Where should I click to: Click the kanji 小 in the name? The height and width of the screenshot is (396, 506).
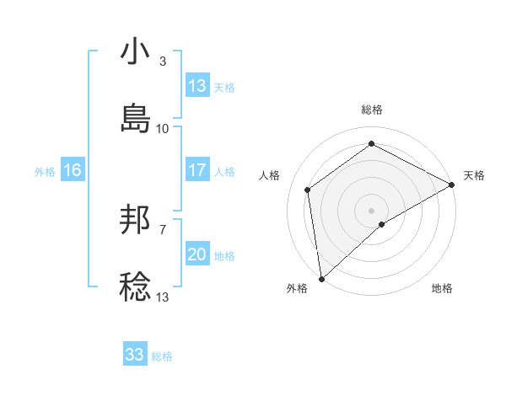[x=135, y=51]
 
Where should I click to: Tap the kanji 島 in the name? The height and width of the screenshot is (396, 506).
[x=135, y=118]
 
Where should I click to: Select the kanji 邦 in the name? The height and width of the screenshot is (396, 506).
[x=135, y=220]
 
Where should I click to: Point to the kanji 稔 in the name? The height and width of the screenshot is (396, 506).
[x=135, y=286]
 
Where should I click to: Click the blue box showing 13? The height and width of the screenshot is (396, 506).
[x=197, y=86]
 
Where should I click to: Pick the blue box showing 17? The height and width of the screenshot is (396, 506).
[x=197, y=170]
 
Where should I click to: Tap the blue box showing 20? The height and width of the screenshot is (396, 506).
[x=197, y=254]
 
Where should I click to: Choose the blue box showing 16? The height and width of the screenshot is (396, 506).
[x=73, y=170]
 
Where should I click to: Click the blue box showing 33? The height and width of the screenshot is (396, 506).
[x=135, y=355]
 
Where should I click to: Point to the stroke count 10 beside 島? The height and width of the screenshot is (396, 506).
[x=163, y=128]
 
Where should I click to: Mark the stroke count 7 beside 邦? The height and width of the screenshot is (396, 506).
[x=163, y=229]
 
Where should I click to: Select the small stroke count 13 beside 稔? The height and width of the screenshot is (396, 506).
[x=163, y=297]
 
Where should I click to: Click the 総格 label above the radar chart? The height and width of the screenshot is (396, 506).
[x=372, y=110]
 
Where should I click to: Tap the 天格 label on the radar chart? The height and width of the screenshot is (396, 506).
[x=474, y=175]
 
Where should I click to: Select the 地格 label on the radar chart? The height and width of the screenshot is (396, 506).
[x=442, y=288]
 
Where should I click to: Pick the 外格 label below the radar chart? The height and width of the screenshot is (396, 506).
[x=297, y=288]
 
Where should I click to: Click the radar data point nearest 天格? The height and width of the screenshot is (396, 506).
[x=452, y=185]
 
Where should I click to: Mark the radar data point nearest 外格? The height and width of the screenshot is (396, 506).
[x=321, y=279]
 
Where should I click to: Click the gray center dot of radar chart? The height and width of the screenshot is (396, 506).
[x=372, y=210]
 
